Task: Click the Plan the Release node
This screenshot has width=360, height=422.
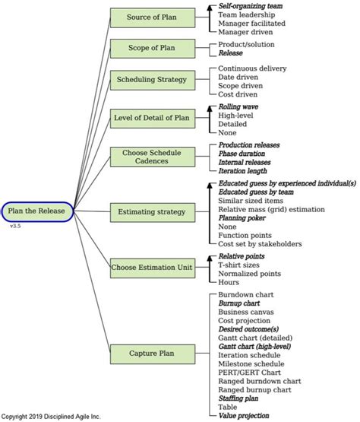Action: (x=37, y=211)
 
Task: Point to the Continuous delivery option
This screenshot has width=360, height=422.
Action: (x=252, y=68)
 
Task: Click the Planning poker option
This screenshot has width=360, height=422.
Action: (x=244, y=217)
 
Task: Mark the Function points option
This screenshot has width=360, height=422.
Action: (x=245, y=235)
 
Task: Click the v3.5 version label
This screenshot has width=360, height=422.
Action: (x=15, y=227)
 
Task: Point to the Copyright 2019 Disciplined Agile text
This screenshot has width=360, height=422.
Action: (x=50, y=417)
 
